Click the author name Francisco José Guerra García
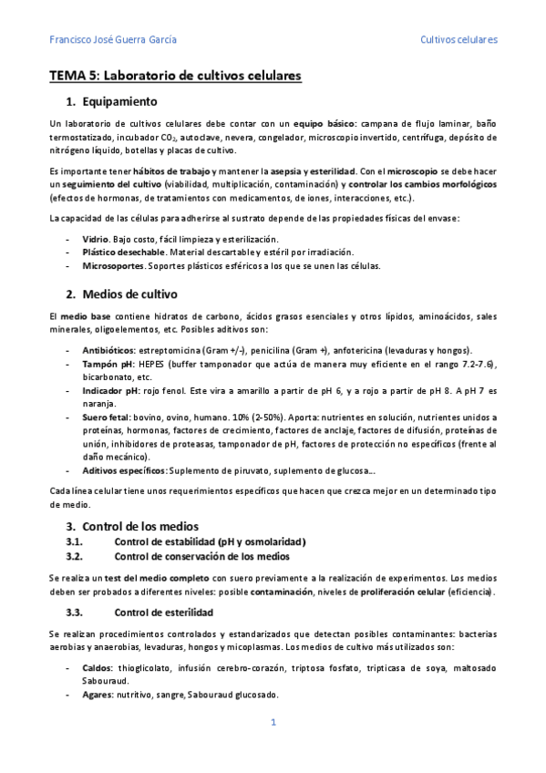tap(112, 40)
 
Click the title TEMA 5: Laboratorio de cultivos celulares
tap(175, 76)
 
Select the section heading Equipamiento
tap(119, 101)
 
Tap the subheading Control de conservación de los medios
tap(201, 556)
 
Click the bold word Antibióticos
tap(108, 350)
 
